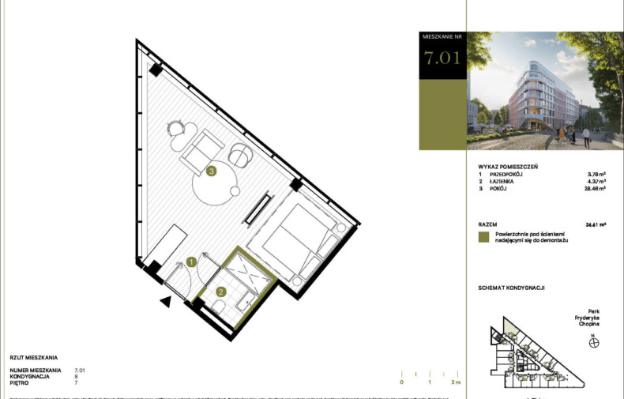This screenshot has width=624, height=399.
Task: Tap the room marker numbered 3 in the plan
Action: click(211, 170)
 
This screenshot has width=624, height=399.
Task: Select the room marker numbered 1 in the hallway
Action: click(191, 262)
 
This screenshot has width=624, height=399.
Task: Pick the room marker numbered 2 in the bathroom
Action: click(222, 292)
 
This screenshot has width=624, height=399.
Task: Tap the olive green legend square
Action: click(483, 236)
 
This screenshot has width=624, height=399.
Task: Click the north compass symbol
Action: click(594, 343)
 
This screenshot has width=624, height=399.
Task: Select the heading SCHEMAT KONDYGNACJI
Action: click(512, 287)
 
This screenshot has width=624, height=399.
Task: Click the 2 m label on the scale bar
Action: click(455, 382)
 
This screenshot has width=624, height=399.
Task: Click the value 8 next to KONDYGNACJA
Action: click(76, 376)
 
